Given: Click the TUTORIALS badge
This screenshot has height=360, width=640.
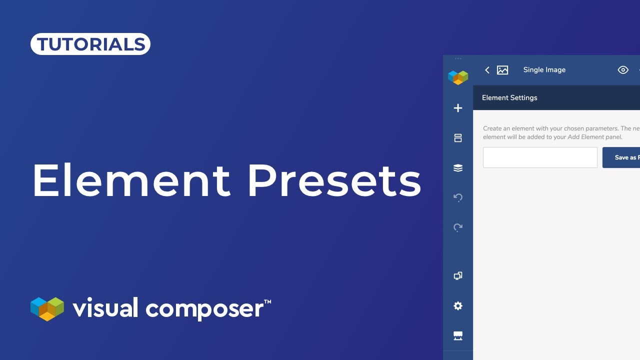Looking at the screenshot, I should (x=90, y=44).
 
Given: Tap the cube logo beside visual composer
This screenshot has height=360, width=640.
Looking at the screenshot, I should (x=47, y=308).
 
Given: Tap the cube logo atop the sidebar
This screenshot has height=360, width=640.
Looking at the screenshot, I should (x=458, y=77).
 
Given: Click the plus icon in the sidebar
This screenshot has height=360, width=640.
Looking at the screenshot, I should (x=458, y=108).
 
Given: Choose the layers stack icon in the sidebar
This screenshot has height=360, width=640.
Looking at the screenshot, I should (x=458, y=168).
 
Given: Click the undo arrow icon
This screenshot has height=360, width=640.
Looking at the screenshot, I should (x=458, y=197).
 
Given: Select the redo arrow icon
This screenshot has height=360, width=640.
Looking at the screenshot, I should (x=458, y=227).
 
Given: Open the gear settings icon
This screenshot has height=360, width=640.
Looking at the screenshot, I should (x=458, y=306).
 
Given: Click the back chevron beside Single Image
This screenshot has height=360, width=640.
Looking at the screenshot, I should (x=487, y=70).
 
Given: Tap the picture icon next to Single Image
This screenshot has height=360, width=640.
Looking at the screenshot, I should (x=502, y=70).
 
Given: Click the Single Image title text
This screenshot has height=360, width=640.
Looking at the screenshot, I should (x=544, y=70).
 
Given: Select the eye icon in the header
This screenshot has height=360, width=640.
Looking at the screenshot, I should (x=623, y=70).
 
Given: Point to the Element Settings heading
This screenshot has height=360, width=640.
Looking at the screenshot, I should (x=509, y=98).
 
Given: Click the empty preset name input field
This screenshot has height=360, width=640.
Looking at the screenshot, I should (x=540, y=157).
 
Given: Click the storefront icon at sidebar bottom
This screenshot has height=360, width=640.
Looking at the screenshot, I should (x=458, y=335).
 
